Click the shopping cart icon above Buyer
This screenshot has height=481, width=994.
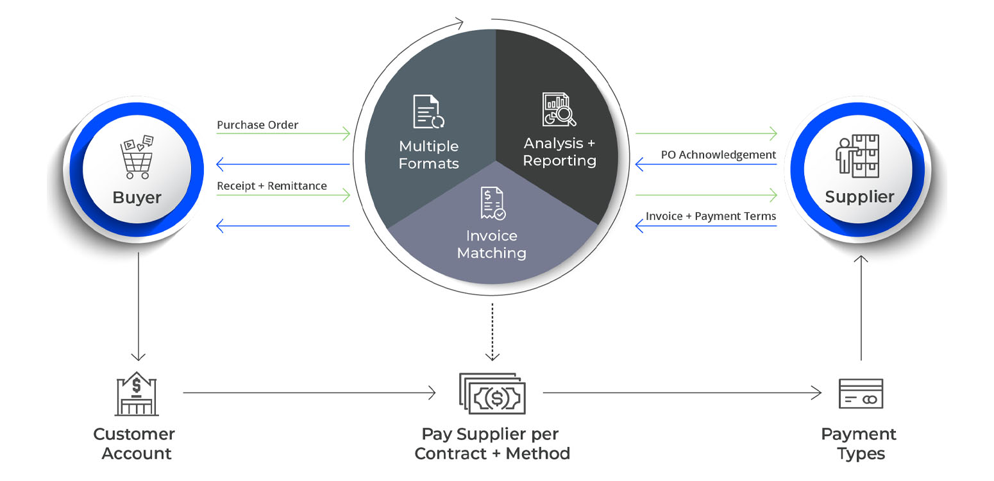[x=137, y=157]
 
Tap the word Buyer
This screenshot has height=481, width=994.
[x=137, y=198]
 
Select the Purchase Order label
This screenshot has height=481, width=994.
[x=257, y=125]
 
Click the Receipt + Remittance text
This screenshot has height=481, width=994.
[x=271, y=186]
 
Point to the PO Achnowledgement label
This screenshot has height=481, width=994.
[x=718, y=155]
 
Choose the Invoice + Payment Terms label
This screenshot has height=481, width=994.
[x=711, y=216]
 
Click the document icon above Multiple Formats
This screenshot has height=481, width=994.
[x=428, y=112]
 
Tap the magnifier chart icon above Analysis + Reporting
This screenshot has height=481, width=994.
[x=559, y=109]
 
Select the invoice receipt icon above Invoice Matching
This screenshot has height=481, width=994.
[x=493, y=203]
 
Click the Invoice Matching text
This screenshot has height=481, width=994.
[x=492, y=244]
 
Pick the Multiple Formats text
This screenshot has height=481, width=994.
[x=428, y=155]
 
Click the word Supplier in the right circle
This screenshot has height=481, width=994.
[x=859, y=197]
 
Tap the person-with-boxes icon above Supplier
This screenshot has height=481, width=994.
[x=857, y=156]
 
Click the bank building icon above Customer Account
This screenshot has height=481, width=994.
[x=137, y=394]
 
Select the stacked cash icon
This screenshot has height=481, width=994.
[x=492, y=394]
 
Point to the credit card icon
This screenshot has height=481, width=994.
[x=861, y=394]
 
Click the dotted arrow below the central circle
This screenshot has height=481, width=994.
[x=492, y=332]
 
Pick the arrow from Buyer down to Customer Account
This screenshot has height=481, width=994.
[x=139, y=307]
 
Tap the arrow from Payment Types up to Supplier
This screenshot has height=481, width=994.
[x=861, y=308]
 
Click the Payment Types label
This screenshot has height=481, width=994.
[x=859, y=444]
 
